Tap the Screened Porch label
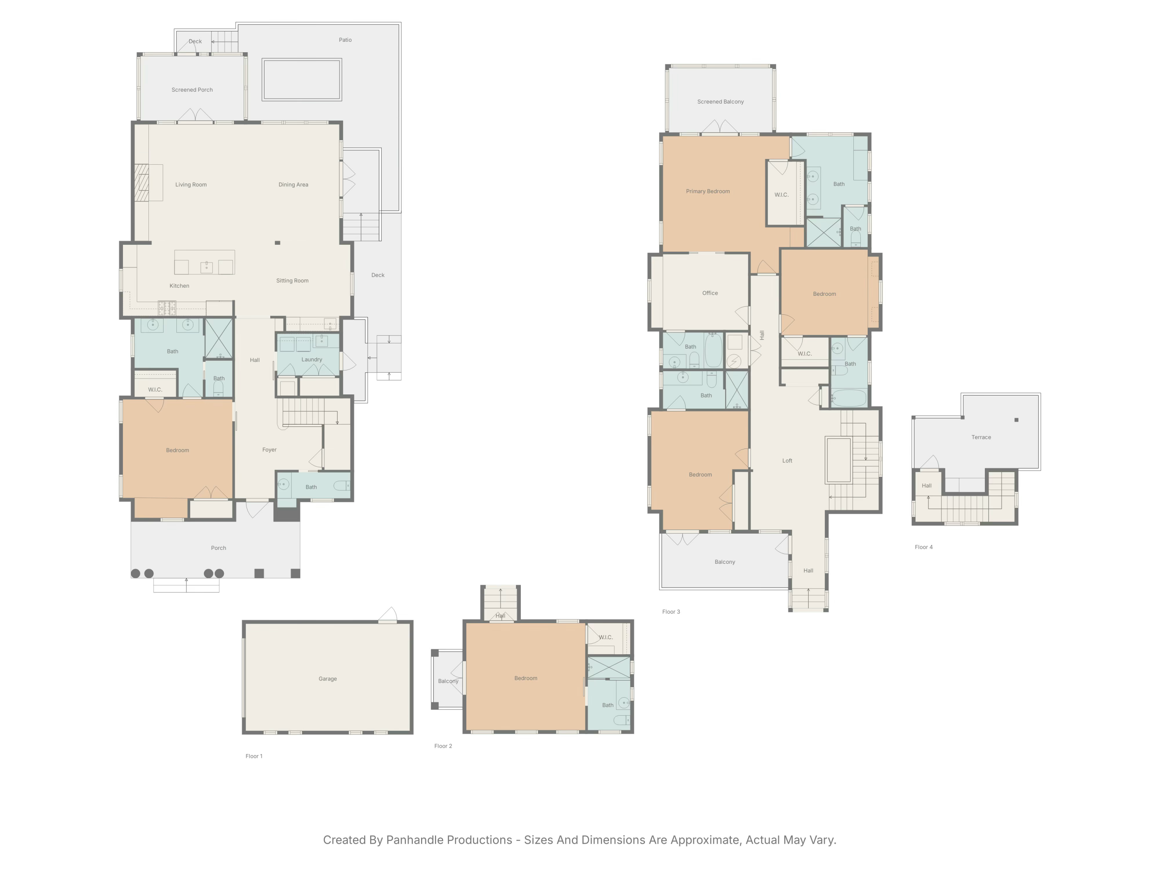click(192, 90)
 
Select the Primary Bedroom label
click(708, 191)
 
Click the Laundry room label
click(312, 360)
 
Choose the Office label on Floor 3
click(710, 293)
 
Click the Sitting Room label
click(292, 281)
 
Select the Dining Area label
click(293, 184)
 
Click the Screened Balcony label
click(720, 102)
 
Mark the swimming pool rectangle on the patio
click(302, 80)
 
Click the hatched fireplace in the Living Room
click(142, 183)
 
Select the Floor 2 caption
click(443, 746)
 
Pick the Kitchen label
click(179, 286)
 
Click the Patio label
click(345, 40)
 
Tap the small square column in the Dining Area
click(277, 243)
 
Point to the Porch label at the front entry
click(218, 548)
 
